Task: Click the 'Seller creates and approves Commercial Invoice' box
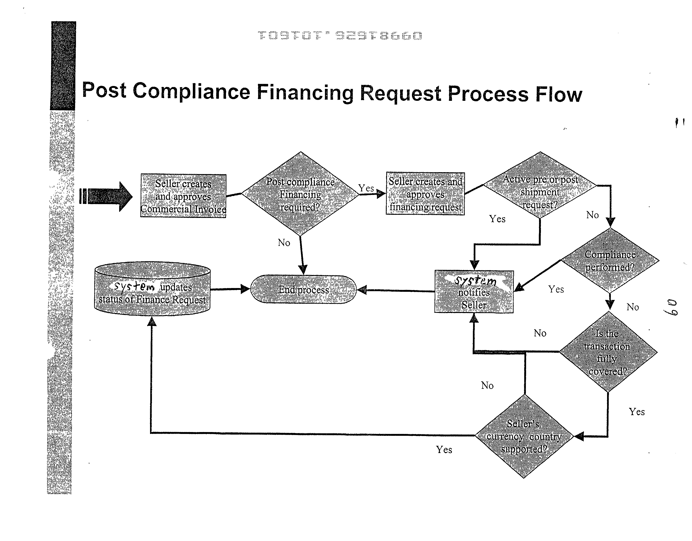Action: (183, 196)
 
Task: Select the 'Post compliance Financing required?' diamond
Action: (300, 194)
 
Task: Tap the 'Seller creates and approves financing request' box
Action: (425, 194)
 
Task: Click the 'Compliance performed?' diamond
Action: (610, 260)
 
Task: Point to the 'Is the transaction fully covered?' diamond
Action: (608, 352)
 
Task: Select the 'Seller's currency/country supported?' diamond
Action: (524, 436)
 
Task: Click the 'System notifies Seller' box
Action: (474, 292)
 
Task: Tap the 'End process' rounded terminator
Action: (304, 289)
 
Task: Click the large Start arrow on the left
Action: (108, 196)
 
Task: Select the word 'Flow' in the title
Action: (559, 94)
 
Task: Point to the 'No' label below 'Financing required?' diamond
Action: (284, 243)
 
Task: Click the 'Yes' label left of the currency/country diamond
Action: (444, 449)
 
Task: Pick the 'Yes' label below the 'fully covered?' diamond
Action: (636, 412)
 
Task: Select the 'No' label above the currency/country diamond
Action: (487, 385)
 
